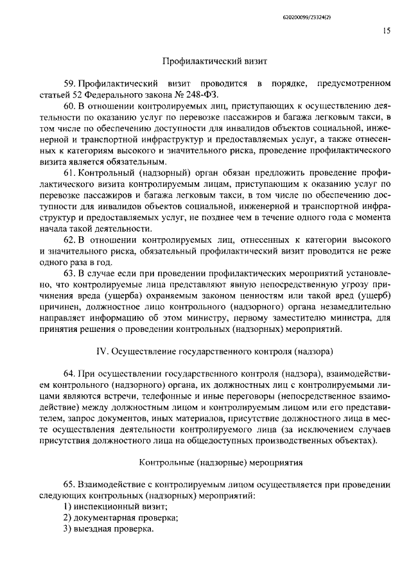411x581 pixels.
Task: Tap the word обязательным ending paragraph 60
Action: [128, 160]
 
